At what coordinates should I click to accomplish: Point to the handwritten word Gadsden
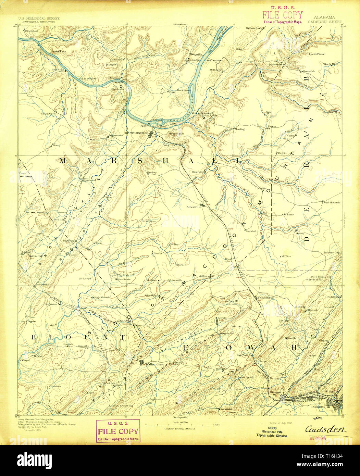325,429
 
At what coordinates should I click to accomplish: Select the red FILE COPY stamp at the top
282,15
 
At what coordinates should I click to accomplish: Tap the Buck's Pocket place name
317,54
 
